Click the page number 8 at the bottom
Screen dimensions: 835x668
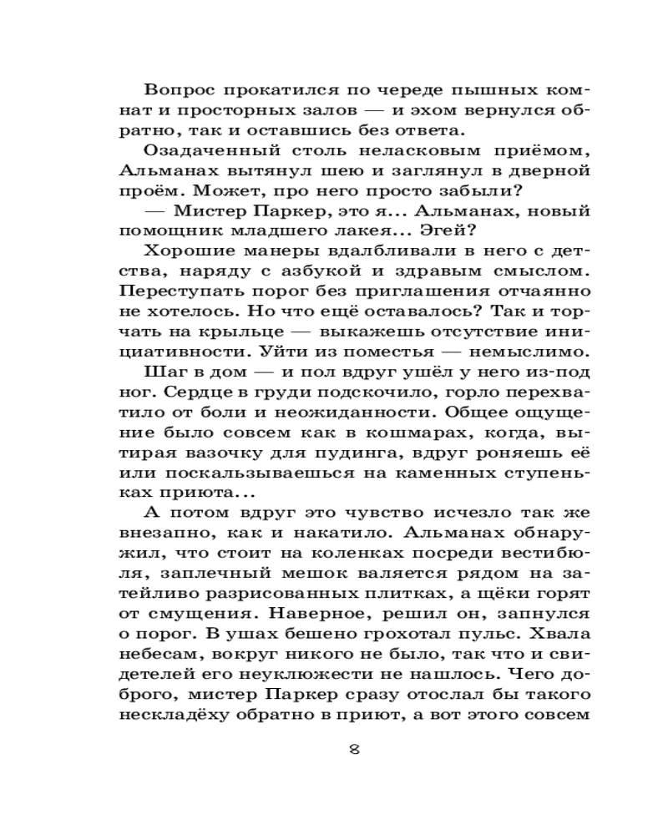[354, 748]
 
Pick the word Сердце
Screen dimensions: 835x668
[176, 390]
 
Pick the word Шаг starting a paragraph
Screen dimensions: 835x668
[162, 370]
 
